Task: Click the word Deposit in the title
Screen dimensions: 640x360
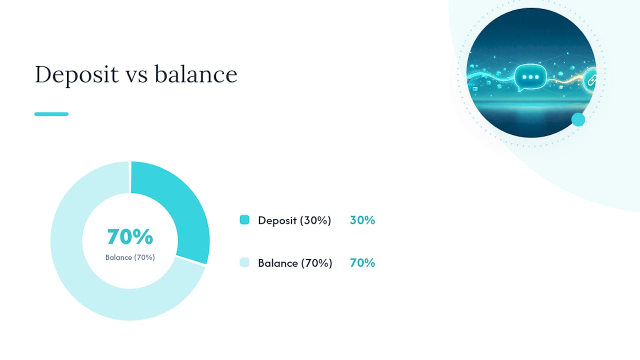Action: pos(76,75)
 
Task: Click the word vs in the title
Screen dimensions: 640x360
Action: pos(136,76)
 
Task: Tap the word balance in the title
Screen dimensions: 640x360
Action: pos(196,74)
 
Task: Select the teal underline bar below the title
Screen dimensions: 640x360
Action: pos(51,114)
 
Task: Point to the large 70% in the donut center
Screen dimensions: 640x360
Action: pos(130,237)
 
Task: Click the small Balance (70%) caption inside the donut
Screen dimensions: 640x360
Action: pos(130,257)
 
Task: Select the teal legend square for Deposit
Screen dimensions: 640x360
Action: pos(244,219)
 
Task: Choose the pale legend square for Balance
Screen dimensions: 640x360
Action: pos(244,262)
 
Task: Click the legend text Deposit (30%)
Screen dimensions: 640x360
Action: pos(294,220)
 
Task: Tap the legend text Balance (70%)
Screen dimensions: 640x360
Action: pos(295,263)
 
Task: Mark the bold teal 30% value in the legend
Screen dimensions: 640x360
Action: pos(362,220)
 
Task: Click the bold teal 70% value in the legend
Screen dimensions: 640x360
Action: pos(362,263)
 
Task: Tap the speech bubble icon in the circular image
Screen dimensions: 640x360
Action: pos(530,77)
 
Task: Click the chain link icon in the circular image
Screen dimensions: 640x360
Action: pos(591,80)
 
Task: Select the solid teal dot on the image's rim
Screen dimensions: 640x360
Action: pos(578,119)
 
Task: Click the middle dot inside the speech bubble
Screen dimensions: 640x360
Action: pos(530,77)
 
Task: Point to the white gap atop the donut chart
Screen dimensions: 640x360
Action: pos(130,177)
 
